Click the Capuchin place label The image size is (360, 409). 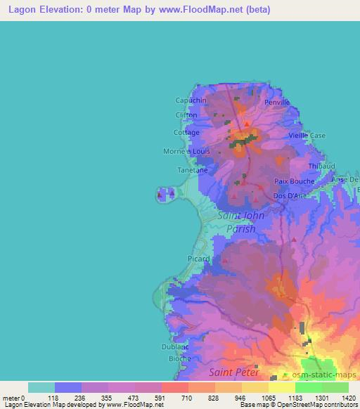click(191, 100)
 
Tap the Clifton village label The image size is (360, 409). click(186, 116)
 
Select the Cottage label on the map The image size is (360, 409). click(186, 132)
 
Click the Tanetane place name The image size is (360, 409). click(191, 170)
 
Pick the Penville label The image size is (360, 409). click(277, 102)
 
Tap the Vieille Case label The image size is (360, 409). click(308, 136)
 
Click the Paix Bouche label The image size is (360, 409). click(289, 181)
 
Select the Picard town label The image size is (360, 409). click(199, 259)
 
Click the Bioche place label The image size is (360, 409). click(180, 358)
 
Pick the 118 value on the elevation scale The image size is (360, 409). click(53, 398)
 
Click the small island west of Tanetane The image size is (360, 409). click(167, 193)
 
